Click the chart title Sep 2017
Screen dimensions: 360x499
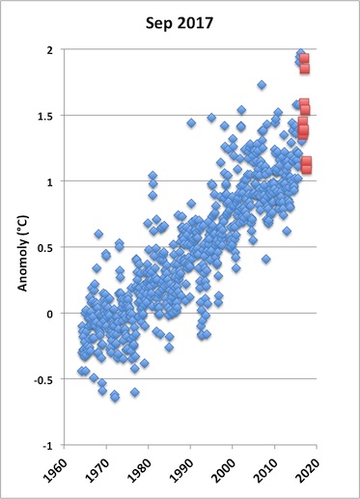180,24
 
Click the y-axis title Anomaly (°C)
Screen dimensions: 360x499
22,254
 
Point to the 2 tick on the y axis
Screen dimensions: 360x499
50,50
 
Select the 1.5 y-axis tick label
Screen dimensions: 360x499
45,116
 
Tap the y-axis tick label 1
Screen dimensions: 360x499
50,181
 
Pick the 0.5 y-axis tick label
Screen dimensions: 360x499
45,248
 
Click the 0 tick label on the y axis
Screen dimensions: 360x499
50,314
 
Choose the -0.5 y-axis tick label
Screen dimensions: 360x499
43,379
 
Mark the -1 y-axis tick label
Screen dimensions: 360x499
47,446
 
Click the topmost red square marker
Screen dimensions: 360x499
304,59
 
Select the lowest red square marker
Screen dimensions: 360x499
307,169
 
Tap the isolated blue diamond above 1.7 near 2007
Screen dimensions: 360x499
262,85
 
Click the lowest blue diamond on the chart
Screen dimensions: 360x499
115,398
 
